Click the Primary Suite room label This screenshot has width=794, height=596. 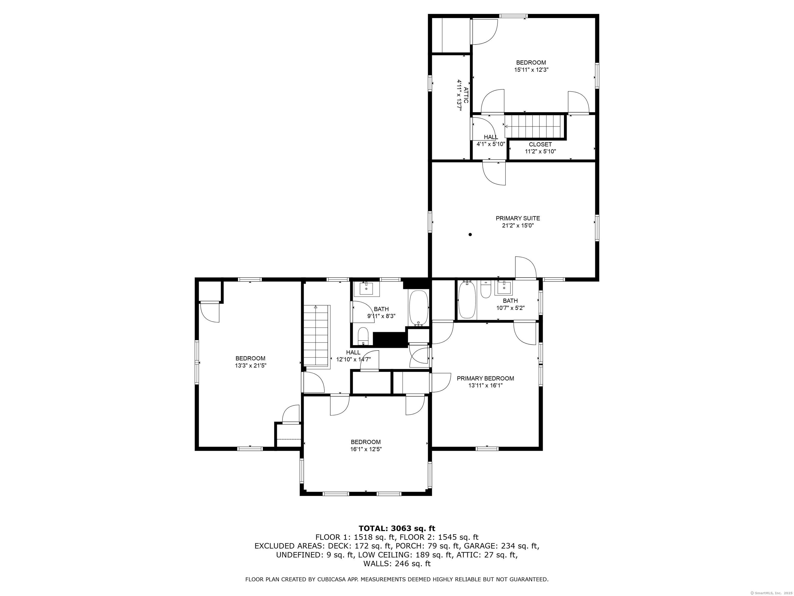518,218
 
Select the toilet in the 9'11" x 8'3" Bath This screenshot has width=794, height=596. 363,336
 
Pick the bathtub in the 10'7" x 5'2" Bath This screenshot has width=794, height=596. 467,300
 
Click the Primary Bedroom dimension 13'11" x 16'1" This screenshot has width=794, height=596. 485,385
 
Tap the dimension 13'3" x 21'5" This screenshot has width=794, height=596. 250,365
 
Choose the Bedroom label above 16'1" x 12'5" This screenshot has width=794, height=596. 366,442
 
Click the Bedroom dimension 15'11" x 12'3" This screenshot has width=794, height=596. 531,70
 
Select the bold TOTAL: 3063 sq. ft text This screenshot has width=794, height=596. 397,528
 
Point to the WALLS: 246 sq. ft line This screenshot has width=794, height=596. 397,564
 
